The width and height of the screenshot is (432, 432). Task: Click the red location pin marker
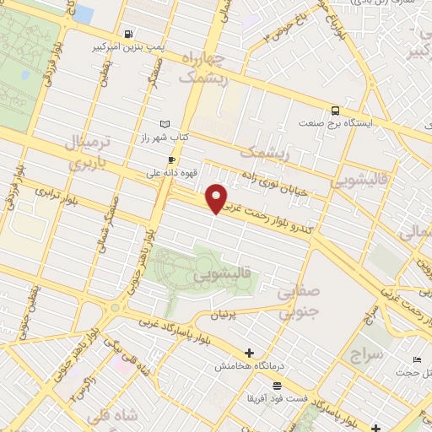pyautogui.click(x=217, y=198)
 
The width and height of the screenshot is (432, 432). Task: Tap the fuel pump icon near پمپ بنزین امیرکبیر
pyautogui.click(x=127, y=35)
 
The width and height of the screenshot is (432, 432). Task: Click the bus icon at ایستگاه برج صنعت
pyautogui.click(x=336, y=110)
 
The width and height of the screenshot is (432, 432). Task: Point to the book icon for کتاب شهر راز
pyautogui.click(x=165, y=124)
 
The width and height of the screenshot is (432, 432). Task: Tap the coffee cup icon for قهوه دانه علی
pyautogui.click(x=172, y=159)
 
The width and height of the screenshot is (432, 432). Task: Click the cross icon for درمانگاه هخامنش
pyautogui.click(x=248, y=353)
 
